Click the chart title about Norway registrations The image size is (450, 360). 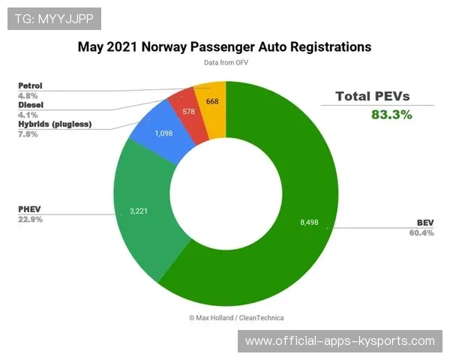(224, 46)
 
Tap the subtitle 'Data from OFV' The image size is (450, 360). (225, 63)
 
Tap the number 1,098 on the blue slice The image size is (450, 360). (164, 133)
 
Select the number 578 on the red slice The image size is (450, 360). (188, 112)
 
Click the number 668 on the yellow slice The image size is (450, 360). (212, 101)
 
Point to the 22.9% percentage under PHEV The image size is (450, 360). (30, 220)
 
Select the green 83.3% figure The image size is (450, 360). (391, 114)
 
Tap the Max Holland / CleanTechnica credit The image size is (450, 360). (236, 317)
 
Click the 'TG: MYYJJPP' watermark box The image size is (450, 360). (54, 18)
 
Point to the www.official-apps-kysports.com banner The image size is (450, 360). (340, 341)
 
